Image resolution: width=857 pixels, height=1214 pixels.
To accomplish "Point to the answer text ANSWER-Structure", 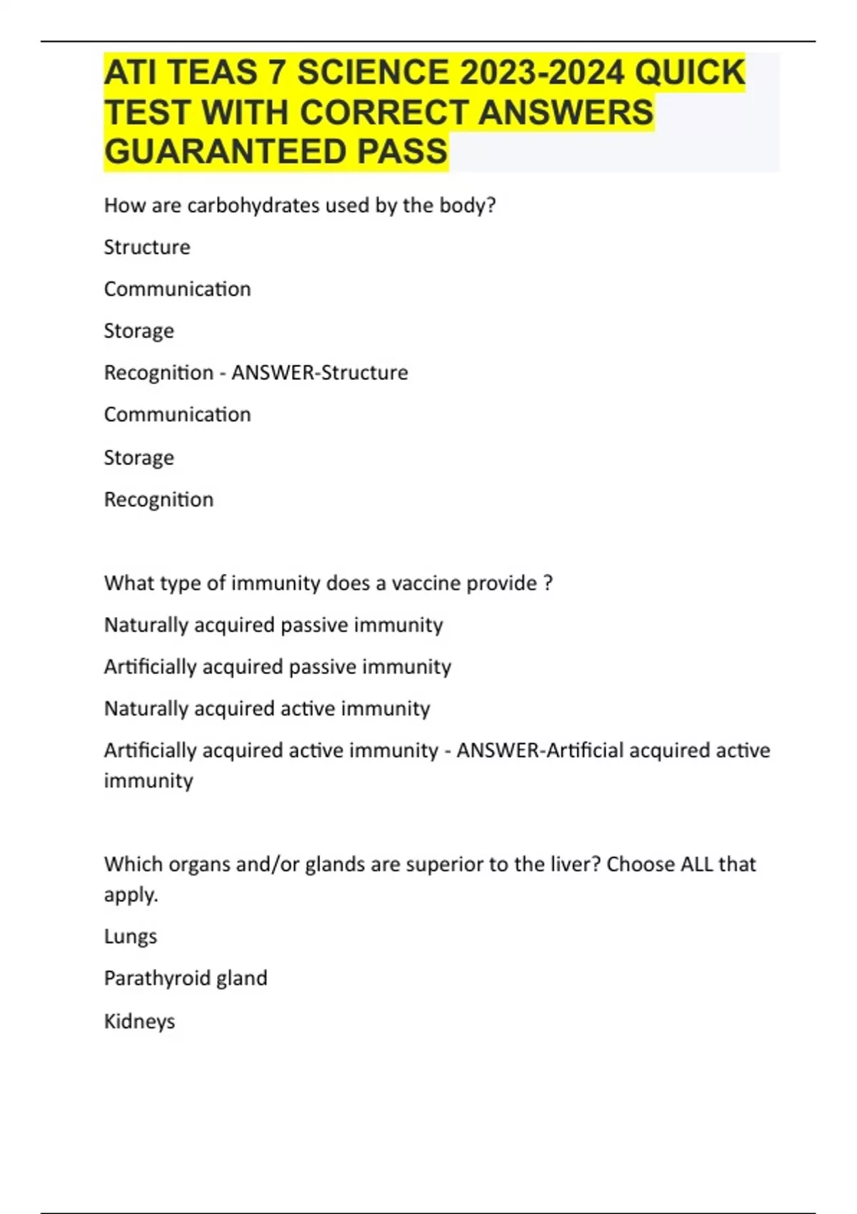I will tap(319, 373).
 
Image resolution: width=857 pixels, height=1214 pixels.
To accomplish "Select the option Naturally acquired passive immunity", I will tap(274, 625).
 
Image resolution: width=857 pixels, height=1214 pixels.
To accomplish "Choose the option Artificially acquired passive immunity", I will tap(277, 667).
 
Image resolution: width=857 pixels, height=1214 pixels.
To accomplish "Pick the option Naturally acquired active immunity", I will tap(267, 708).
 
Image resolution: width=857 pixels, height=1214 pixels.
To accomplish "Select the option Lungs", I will tap(130, 936).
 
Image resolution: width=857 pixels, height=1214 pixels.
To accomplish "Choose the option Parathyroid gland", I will tap(186, 978).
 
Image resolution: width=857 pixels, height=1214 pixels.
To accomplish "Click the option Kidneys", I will tap(139, 1021).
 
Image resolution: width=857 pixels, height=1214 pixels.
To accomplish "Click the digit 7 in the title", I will tap(276, 73).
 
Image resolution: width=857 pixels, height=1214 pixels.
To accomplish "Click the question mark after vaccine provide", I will tap(548, 583).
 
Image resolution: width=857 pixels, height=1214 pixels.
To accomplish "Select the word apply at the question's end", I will tap(129, 895).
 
